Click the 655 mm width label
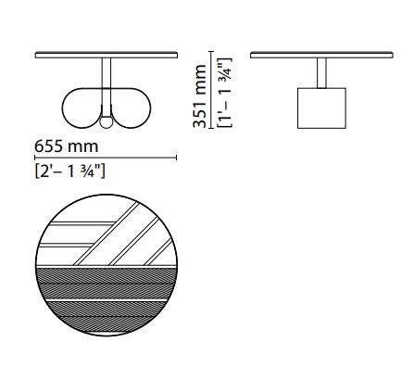[67, 146]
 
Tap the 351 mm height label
[199, 95]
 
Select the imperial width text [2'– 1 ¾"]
[70, 171]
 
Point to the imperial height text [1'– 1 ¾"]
[224, 93]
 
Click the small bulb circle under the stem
[107, 122]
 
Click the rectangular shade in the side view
[321, 108]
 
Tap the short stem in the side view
[321, 73]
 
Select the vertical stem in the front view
[107, 86]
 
